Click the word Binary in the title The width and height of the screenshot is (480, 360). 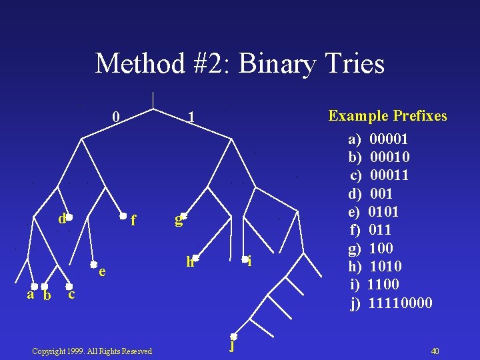(268, 65)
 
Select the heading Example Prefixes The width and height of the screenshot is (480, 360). (387, 116)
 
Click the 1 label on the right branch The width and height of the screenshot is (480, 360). (191, 118)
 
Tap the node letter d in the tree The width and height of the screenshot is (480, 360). (61, 218)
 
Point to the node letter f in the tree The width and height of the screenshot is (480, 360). (133, 219)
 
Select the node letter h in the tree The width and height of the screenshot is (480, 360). (190, 262)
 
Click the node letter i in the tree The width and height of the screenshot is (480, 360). (249, 262)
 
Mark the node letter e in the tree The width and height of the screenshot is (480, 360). (101, 271)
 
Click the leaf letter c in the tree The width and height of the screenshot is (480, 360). (71, 293)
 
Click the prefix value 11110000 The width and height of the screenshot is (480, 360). (400, 303)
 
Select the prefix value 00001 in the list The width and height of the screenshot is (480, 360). (389, 139)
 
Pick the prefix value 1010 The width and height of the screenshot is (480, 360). (385, 267)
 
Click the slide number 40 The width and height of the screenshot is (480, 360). (435, 351)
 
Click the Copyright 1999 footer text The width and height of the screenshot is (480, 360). (92, 351)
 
